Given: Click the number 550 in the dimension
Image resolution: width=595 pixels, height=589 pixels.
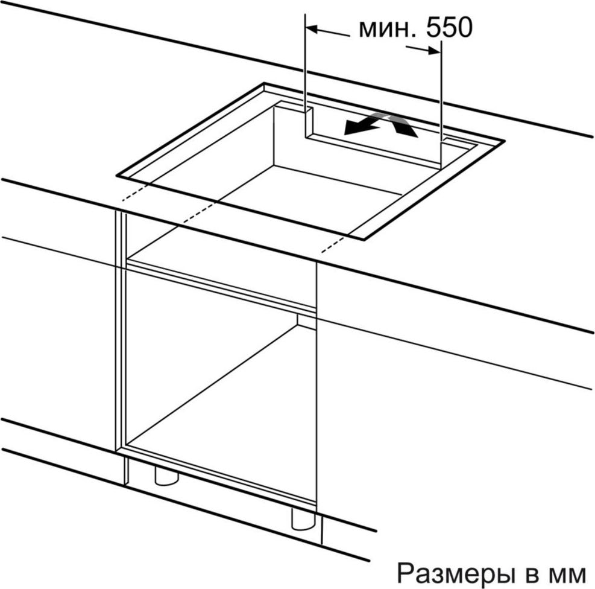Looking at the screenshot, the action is [x=450, y=28].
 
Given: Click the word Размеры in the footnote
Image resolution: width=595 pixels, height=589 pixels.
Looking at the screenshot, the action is [x=453, y=573].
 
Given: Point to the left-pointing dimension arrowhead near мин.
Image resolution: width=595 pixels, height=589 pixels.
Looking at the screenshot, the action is [x=311, y=29].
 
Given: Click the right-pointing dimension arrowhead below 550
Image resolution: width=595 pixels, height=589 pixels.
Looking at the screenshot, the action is [x=435, y=51].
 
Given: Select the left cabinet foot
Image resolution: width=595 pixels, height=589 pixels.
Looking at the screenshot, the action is [x=166, y=476].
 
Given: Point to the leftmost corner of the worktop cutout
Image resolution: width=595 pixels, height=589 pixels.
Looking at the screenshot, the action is [x=117, y=176].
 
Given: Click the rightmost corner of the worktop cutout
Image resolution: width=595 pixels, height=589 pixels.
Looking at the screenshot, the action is [x=504, y=141].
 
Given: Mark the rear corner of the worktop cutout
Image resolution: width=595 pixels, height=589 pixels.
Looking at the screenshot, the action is [x=265, y=83].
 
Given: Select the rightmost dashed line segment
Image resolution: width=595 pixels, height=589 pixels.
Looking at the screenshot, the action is [x=333, y=244].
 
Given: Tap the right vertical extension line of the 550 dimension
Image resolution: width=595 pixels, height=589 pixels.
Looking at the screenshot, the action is [x=441, y=105].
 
